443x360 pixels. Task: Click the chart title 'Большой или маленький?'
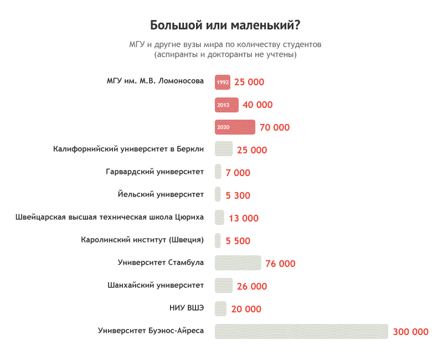click(x=225, y=26)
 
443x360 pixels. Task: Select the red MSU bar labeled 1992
click(x=223, y=82)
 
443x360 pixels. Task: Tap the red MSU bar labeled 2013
click(x=226, y=105)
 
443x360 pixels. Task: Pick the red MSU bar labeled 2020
click(x=235, y=127)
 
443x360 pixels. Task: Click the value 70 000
click(x=274, y=127)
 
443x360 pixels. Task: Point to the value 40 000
click(x=257, y=105)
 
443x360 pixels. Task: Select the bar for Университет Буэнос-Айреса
click(x=301, y=332)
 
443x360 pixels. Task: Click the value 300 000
click(x=410, y=332)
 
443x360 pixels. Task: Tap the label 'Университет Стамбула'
click(x=161, y=263)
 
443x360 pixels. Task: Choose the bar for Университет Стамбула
click(x=238, y=263)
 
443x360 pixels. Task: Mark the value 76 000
click(x=280, y=264)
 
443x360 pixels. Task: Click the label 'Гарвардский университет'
click(x=154, y=172)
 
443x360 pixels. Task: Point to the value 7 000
click(x=238, y=173)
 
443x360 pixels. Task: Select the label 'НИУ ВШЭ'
click(x=187, y=308)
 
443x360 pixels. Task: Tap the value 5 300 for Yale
click(x=238, y=196)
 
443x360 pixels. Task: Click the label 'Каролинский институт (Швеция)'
click(x=142, y=240)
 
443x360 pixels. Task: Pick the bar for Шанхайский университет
click(x=224, y=286)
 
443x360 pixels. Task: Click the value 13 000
click(x=243, y=218)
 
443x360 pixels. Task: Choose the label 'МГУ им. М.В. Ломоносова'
click(x=155, y=81)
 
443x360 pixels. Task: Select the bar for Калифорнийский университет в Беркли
click(x=224, y=150)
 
